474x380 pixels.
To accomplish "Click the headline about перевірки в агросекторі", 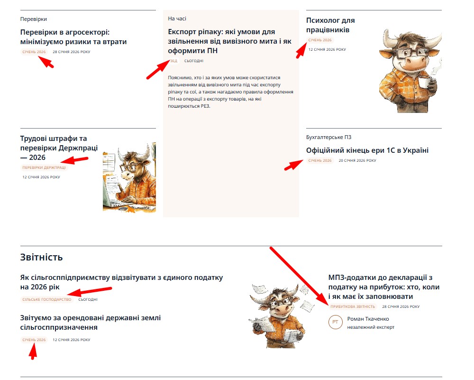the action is tap(73, 37).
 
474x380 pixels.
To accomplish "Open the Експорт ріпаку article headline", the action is tap(230, 41).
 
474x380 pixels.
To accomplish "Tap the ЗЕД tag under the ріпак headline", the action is tap(173, 61).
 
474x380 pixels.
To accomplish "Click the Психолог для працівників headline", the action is tap(330, 25).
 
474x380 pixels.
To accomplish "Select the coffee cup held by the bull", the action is tap(425, 82).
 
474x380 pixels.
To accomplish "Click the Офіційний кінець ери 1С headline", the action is tap(367, 150).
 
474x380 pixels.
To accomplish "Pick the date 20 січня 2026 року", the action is tap(357, 160).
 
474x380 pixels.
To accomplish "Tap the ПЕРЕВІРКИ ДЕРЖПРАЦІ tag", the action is tap(44, 167).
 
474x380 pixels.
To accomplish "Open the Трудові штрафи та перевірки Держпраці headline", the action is tap(59, 148).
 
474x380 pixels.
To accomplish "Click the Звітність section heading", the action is tap(41, 257).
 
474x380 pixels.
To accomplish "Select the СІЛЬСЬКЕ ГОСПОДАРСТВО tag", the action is tap(47, 299).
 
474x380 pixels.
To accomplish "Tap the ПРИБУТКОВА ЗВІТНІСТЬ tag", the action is tap(353, 306).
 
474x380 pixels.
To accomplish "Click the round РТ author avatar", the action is tap(335, 322).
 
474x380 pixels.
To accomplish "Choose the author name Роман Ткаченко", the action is tap(368, 319).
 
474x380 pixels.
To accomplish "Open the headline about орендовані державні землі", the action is tap(91, 323).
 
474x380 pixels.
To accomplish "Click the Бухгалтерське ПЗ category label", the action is tap(328, 137).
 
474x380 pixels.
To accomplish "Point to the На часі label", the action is tap(177, 19).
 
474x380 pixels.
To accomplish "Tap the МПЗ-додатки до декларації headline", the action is tap(384, 287).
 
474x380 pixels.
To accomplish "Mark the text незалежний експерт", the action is tap(371, 327).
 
